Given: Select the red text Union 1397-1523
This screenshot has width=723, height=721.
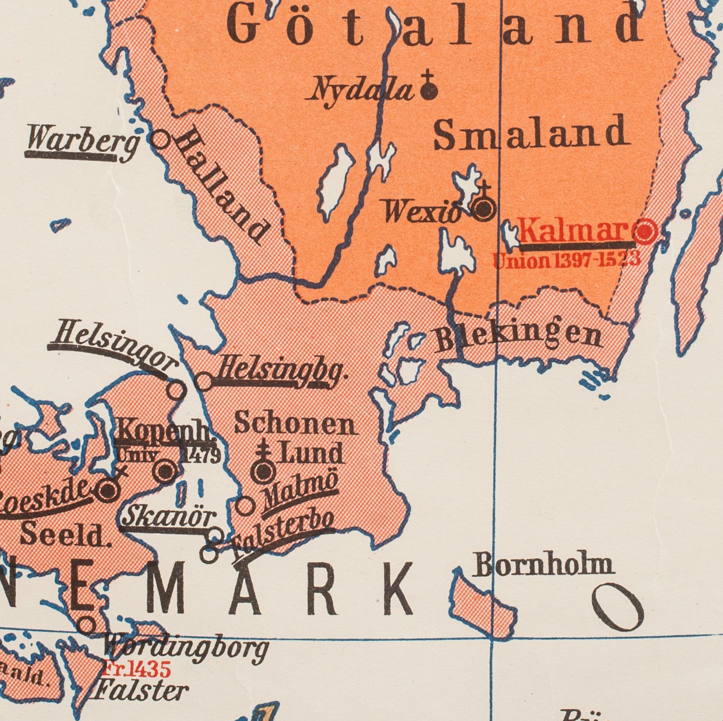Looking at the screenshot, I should tap(566, 259).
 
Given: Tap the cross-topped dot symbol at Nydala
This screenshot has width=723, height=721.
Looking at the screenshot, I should tap(428, 90).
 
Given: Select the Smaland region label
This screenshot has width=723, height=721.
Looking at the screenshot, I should tap(532, 133).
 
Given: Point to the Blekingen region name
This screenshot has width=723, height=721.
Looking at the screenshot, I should tap(518, 337).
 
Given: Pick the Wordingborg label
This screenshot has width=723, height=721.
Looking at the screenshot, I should tap(186, 649).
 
